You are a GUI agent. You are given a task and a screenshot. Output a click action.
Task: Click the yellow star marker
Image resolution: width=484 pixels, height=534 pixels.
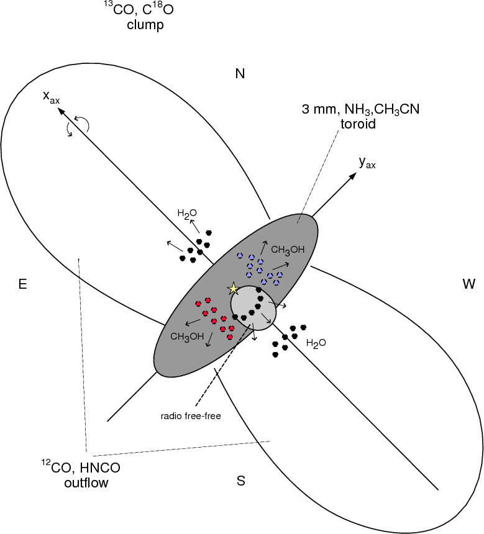234,289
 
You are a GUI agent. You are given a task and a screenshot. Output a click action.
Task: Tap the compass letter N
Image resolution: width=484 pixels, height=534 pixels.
240,73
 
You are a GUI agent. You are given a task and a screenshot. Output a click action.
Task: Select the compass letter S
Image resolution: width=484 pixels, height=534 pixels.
240,481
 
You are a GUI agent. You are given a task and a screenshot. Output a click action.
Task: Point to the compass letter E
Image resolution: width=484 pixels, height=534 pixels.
22,284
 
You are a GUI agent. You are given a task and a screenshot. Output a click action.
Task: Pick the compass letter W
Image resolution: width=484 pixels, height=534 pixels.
469,284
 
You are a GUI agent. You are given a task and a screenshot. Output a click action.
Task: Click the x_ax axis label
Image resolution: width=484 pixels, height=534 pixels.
51,96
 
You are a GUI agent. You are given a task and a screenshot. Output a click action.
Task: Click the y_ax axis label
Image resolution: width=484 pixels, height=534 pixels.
367,163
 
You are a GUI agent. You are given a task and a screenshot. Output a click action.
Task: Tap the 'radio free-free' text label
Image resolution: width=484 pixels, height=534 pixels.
191,416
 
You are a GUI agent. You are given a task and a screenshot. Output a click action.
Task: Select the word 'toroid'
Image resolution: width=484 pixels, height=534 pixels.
358,124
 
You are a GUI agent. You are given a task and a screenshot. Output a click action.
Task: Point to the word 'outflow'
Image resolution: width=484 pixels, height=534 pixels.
86,482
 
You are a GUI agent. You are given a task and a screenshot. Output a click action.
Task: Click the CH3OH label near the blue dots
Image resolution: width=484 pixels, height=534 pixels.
287,250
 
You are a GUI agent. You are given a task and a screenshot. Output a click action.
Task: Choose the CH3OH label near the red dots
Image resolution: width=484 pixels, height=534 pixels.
187,337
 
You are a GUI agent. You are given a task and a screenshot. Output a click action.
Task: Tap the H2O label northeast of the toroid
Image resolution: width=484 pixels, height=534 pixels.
187,214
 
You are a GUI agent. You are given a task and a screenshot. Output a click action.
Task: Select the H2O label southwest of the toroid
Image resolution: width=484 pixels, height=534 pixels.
316,343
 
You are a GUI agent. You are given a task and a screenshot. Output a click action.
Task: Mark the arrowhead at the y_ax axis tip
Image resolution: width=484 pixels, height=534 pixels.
353,176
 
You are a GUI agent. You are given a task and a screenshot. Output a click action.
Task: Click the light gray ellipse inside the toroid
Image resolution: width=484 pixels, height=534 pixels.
253,308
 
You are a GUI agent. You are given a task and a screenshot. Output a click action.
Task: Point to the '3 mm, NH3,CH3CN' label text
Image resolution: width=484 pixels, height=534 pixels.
360,109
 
